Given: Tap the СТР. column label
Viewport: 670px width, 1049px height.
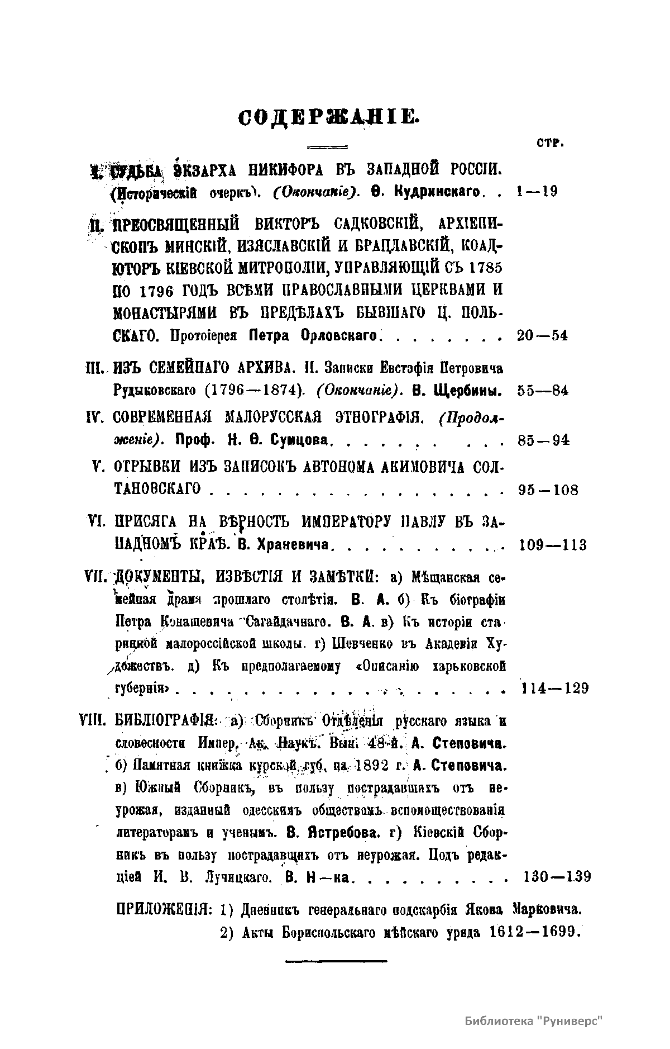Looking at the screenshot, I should coord(551,143).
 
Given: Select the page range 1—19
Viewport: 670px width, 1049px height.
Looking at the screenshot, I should coord(537,192).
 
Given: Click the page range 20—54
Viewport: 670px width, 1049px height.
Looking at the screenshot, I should coord(542,336).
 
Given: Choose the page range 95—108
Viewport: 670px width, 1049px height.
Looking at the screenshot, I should coord(548,490).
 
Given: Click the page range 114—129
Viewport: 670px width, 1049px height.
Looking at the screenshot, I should coord(554,688).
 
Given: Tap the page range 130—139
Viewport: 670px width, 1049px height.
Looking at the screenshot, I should coord(558,876).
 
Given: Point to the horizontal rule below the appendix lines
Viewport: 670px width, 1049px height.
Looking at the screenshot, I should coord(336,961).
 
